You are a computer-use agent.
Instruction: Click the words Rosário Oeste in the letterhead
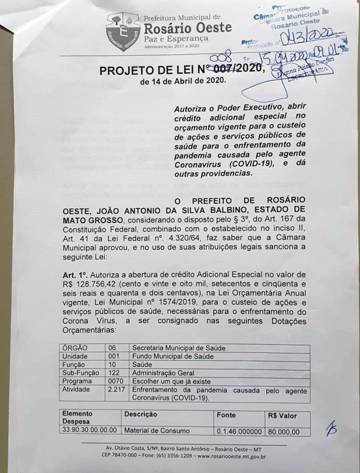click(187, 27)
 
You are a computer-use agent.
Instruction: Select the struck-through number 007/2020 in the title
click(236, 69)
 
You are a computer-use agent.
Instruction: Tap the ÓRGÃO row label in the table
click(76, 348)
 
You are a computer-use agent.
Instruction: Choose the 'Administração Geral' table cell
click(163, 373)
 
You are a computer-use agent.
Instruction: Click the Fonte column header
click(227, 415)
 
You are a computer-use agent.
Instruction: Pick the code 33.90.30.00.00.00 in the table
click(90, 431)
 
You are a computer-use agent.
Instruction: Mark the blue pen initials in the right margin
click(331, 428)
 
